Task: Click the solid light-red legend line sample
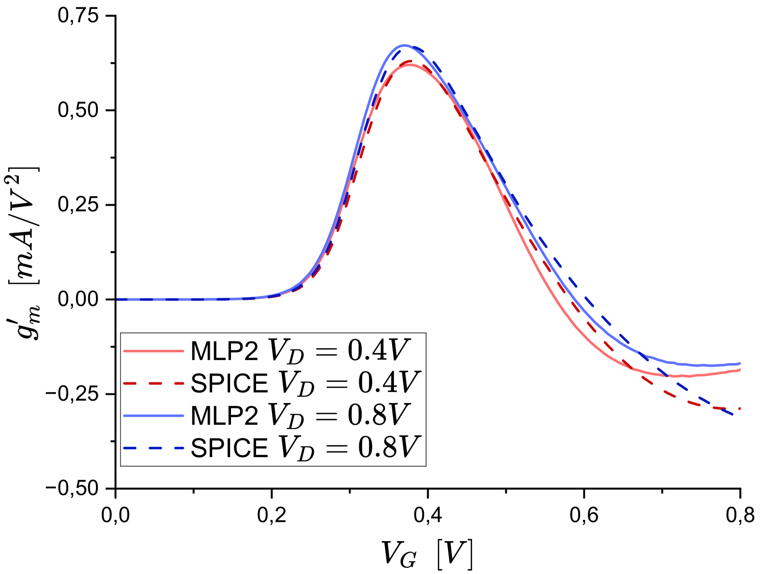pos(153,351)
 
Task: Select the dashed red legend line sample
pos(153,383)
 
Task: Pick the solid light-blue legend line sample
pos(153,416)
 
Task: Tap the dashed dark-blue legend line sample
pos(153,448)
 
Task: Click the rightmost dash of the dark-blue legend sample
pos(179,448)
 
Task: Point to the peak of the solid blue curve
pos(404,45)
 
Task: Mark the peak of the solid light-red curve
pos(410,64)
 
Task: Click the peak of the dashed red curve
pos(409,61)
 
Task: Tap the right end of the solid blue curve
pos(740,363)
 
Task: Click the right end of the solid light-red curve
pos(740,369)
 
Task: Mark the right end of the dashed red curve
pos(740,409)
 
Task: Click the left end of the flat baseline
pos(117,299)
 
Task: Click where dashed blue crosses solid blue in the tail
pos(645,356)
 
